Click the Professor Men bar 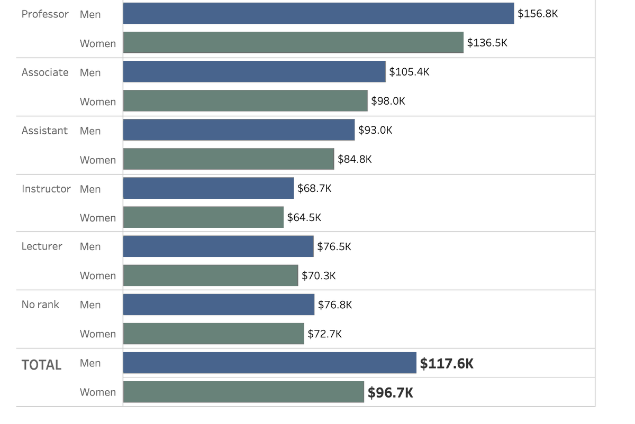point(319,13)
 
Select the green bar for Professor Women point(293,42)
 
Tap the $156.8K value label point(538,14)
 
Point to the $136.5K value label point(487,43)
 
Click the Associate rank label point(45,72)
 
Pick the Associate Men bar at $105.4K point(254,71)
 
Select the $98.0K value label point(388,101)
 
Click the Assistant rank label point(44,131)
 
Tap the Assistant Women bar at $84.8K point(229,159)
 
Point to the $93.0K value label point(375,130)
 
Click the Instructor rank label point(46,189)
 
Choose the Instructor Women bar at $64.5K point(203,217)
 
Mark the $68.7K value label point(314,188)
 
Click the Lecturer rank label point(42,246)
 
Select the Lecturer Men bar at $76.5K point(218,246)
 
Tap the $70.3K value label point(319,275)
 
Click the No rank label point(40,305)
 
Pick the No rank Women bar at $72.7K point(213,334)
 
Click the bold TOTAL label point(41,365)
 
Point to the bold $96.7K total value point(391,393)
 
